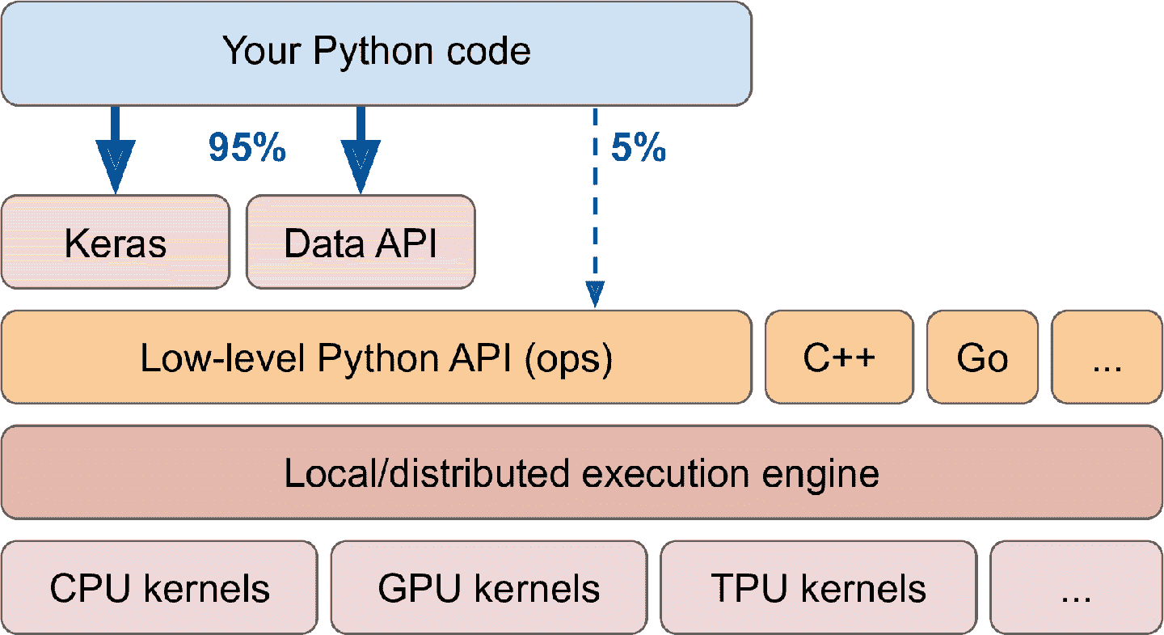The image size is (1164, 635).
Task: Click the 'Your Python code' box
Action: coord(377,53)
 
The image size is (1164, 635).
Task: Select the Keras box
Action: coord(116,242)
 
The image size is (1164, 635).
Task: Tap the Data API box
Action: coord(361,242)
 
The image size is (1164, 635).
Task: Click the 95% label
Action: coord(247,148)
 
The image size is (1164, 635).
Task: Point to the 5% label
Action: coord(639,148)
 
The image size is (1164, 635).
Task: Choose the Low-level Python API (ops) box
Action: coord(377,357)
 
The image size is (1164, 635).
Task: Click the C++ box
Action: coord(839,357)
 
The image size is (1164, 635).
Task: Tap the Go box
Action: coord(982,357)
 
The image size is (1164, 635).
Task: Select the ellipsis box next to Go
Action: coord(1107,357)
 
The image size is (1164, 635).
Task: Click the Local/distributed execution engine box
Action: coord(582,472)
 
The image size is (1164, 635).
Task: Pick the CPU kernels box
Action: coord(159,587)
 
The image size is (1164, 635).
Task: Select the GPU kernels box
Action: coord(489,587)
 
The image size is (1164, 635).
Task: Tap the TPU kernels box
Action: coord(818,587)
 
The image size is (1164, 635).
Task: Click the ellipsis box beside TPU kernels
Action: coord(1076,587)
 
